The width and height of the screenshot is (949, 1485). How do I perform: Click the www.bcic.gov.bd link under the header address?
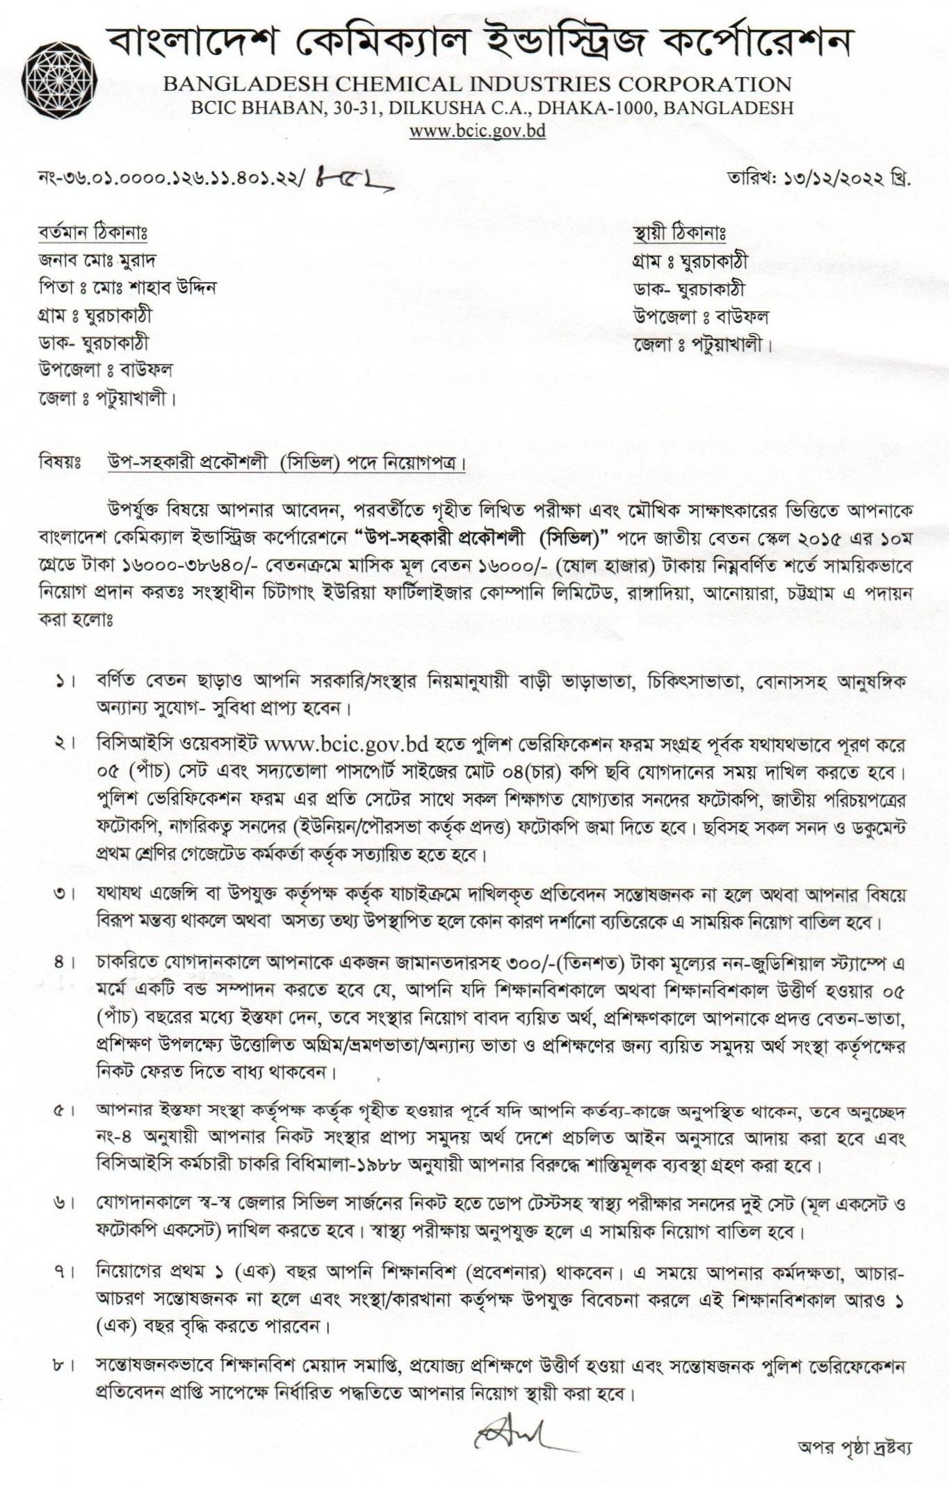[477, 131]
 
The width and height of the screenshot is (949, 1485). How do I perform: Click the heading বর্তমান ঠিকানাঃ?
[92, 232]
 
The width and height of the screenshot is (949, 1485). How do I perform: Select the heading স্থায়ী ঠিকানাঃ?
[679, 233]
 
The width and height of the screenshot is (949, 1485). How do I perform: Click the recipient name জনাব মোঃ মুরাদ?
[97, 260]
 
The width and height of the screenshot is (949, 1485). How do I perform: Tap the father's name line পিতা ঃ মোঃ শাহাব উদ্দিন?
[127, 287]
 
